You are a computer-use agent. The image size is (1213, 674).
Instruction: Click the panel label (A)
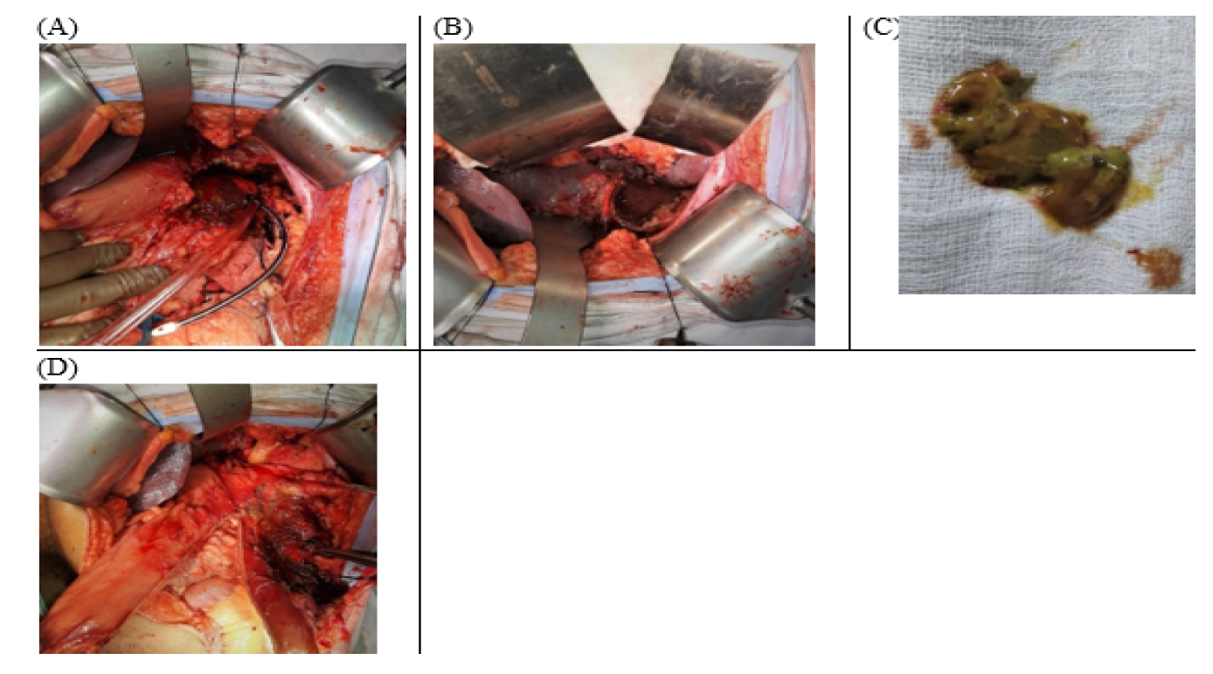pyautogui.click(x=58, y=28)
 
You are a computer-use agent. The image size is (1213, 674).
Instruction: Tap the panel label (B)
pyautogui.click(x=453, y=28)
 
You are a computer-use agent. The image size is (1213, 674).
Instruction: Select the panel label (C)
pyautogui.click(x=881, y=28)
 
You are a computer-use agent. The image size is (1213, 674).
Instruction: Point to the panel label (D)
pyautogui.click(x=58, y=368)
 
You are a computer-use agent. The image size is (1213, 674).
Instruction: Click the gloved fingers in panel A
pyautogui.click(x=92, y=276)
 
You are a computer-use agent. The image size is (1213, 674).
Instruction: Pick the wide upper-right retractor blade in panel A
pyautogui.click(x=330, y=125)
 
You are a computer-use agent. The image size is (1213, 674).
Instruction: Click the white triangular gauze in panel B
pyautogui.click(x=627, y=81)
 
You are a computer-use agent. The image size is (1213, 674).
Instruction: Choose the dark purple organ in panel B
pyautogui.click(x=488, y=200)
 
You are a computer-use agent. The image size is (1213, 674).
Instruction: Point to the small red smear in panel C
pyautogui.click(x=919, y=136)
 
